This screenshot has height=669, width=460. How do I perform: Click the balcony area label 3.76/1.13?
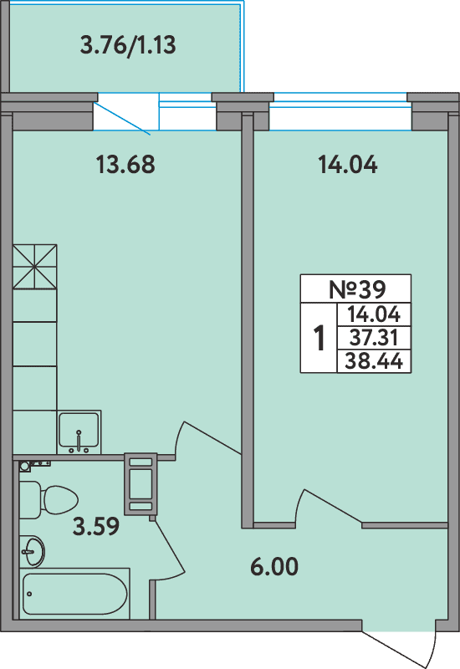[127, 45]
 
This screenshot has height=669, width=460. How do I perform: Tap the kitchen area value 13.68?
[125, 165]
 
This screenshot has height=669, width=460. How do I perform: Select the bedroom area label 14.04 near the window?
[347, 165]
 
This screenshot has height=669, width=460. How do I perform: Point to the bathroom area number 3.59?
[95, 527]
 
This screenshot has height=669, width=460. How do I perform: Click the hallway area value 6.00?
[274, 567]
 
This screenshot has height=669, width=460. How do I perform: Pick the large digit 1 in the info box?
[319, 339]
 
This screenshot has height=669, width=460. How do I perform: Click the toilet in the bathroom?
[50, 499]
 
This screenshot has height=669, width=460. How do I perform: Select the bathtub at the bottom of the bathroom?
[75, 595]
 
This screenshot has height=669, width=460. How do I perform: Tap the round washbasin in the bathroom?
[33, 550]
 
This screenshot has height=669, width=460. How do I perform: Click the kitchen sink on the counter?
[79, 432]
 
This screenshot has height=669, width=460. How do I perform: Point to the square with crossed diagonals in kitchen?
[34, 266]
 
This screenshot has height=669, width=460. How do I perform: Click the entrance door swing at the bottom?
[400, 644]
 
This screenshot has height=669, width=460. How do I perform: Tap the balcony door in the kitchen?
[124, 115]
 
